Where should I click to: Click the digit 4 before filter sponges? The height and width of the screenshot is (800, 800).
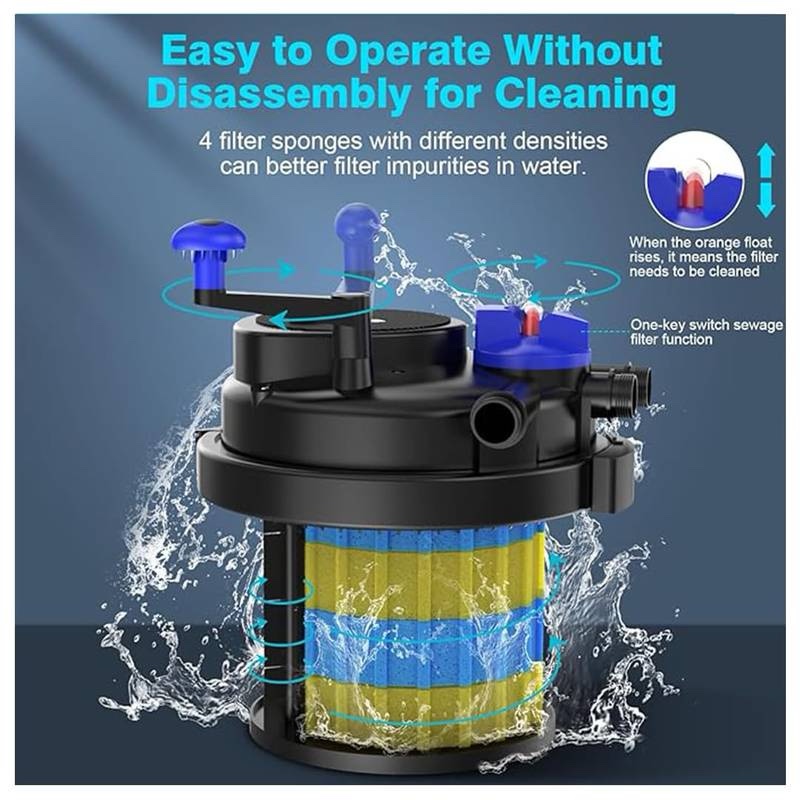[205, 142]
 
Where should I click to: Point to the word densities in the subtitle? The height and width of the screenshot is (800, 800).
[560, 141]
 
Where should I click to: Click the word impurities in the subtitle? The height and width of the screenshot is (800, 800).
[435, 166]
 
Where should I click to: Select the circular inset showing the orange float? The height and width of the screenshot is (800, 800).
[694, 180]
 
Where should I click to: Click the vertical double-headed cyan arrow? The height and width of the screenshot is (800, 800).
[765, 180]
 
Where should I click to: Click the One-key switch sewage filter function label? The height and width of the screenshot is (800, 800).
[706, 332]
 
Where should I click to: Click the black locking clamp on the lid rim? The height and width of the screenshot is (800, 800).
[612, 479]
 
